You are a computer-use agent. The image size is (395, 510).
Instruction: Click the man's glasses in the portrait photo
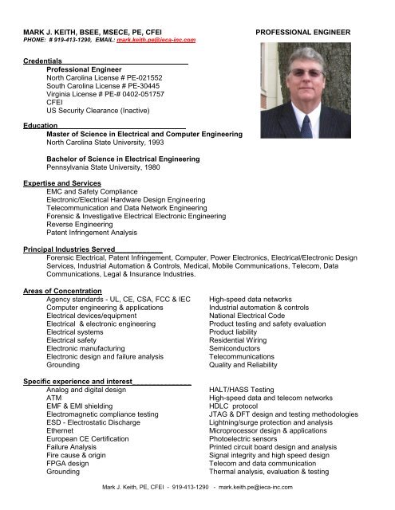[306, 73]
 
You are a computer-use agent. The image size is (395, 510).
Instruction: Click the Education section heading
[41, 125]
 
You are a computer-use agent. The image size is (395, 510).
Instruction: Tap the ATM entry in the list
[54, 400]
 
